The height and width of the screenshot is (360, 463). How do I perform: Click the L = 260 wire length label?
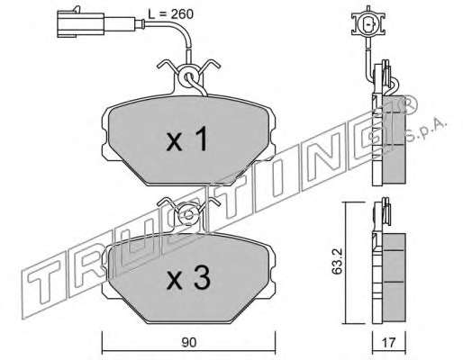point(170,14)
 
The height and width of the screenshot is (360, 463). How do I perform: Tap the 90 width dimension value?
point(189,342)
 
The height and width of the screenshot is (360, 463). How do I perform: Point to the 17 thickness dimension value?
point(389,342)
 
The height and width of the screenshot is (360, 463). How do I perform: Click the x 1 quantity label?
point(187,139)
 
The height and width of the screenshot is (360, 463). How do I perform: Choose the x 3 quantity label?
point(188,278)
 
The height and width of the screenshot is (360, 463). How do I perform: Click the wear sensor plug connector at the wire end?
point(80,24)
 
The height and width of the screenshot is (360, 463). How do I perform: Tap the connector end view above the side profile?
point(368,25)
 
